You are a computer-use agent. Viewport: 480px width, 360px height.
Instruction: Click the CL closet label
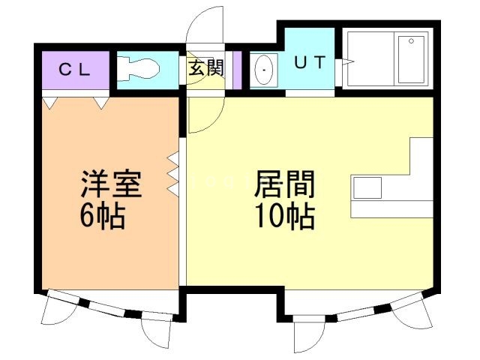coord(74,70)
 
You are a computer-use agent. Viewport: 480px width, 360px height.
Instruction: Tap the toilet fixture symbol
coord(138,70)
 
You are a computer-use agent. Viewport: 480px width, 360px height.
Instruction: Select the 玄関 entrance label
coord(205,68)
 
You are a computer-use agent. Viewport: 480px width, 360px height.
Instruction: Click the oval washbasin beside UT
coord(264,70)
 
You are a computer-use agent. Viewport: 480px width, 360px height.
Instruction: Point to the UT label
coord(310,62)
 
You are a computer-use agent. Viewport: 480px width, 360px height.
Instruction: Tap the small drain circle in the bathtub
coord(411,41)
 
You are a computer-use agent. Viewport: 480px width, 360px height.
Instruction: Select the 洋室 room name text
coord(112,184)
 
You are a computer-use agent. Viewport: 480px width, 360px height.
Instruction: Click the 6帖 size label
coord(103,216)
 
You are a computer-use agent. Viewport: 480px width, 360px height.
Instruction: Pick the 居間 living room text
coord(284,184)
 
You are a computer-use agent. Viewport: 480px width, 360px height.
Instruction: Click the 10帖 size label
coord(285,216)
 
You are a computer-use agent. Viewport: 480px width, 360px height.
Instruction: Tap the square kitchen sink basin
coord(367,187)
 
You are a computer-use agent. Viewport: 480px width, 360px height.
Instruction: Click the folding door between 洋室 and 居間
coord(173,174)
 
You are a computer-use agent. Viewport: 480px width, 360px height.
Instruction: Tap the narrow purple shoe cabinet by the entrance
coord(237,70)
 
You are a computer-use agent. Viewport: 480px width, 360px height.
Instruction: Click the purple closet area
coord(76,70)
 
